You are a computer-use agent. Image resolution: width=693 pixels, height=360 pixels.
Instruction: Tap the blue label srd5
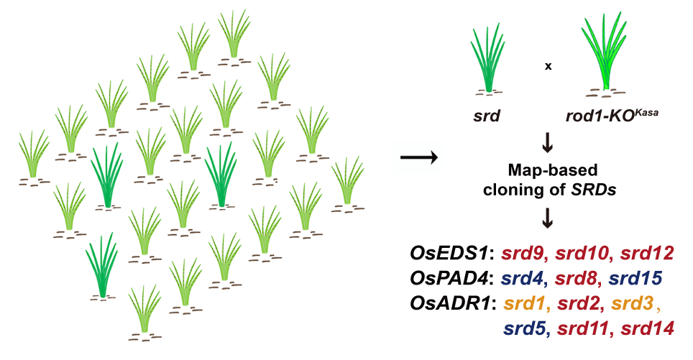[x=523, y=329]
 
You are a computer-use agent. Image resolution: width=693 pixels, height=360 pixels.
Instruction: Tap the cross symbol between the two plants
[x=548, y=66]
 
